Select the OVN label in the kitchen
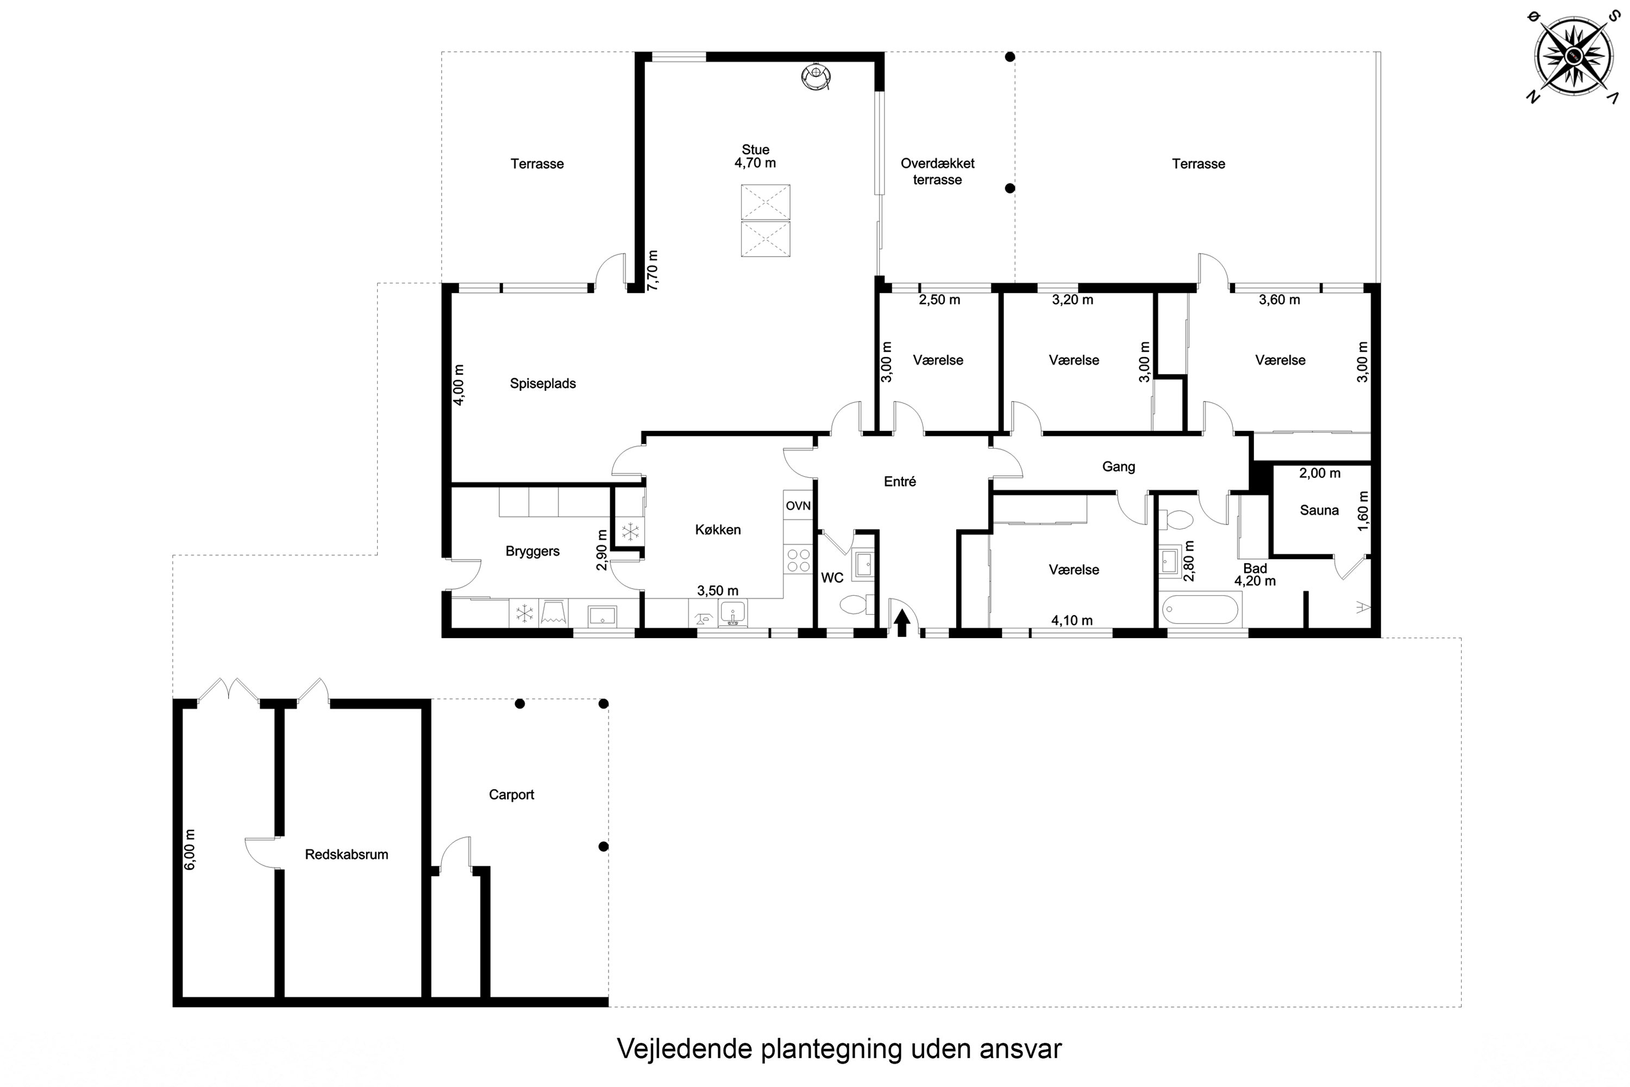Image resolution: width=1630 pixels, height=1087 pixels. coord(798,506)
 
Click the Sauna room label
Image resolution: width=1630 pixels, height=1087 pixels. coord(1319,510)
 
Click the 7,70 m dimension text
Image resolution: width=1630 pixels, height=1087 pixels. coord(652,270)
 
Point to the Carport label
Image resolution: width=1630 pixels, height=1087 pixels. coord(511,795)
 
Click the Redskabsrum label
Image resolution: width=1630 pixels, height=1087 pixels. coord(347,855)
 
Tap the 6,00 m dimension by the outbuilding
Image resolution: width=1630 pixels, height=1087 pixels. coord(190,850)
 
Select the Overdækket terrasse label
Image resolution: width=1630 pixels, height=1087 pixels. coord(938,171)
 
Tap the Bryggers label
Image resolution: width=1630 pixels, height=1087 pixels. coord(532,552)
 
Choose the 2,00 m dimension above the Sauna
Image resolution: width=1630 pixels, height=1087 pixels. coord(1320,473)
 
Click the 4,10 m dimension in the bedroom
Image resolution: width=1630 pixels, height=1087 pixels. coord(1072,621)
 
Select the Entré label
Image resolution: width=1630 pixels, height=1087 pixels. coord(900,482)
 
